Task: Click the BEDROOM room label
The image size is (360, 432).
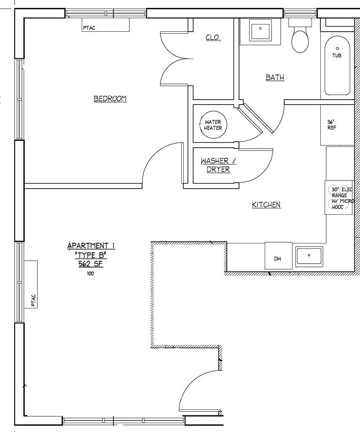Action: point(110,99)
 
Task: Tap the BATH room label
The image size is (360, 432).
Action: point(275,78)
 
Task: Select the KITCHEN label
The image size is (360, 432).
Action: point(266,205)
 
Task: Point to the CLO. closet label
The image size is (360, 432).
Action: point(213,38)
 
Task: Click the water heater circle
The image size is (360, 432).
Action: point(213,125)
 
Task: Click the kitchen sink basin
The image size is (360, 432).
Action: point(309,256)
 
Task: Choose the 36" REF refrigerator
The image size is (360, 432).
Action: point(336,125)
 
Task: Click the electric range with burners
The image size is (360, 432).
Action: point(339,198)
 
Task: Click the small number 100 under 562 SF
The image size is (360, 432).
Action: point(91,273)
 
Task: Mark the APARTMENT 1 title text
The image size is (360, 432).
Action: point(91,246)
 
